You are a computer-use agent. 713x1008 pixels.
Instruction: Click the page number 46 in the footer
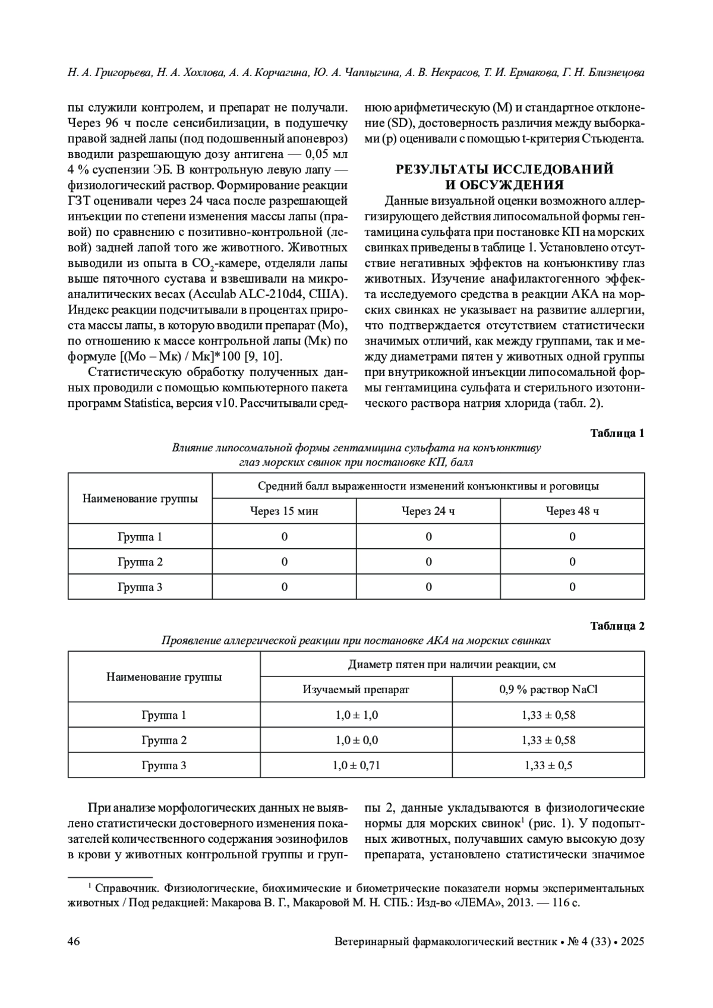[74, 942]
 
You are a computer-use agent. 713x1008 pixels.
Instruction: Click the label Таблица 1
[617, 433]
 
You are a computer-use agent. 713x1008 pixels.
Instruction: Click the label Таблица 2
[617, 625]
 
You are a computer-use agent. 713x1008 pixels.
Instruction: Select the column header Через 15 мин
[284, 511]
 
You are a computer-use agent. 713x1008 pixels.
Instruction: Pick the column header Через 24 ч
[428, 511]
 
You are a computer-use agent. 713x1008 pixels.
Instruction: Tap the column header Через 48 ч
[572, 511]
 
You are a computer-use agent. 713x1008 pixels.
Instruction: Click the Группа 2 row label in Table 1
[140, 562]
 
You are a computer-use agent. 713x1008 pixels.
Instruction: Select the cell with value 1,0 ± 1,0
[356, 715]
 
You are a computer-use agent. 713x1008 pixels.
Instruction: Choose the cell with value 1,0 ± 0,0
[356, 740]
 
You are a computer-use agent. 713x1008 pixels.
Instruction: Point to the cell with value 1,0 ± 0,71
[356, 766]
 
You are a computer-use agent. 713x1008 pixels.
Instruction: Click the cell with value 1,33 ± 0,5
[548, 766]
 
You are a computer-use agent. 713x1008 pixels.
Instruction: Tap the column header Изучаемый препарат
[356, 690]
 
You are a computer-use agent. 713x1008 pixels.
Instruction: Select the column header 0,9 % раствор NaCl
[548, 690]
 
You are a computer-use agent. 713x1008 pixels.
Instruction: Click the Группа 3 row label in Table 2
[164, 766]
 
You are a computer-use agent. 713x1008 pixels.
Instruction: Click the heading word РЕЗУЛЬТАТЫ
[444, 169]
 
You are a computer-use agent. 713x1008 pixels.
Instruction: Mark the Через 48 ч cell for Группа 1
[572, 537]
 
